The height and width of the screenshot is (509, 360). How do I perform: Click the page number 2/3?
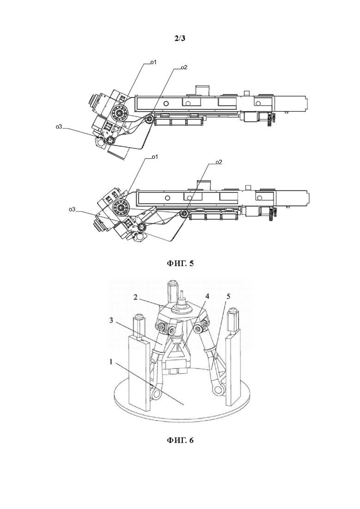click(x=180, y=38)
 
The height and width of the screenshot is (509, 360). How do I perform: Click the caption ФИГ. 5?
click(x=180, y=263)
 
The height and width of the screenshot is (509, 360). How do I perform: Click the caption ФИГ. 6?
click(x=180, y=440)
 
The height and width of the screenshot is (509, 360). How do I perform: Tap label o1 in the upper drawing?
click(x=153, y=62)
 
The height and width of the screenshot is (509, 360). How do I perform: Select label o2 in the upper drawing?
click(x=184, y=67)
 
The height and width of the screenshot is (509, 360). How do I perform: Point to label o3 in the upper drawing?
click(x=59, y=127)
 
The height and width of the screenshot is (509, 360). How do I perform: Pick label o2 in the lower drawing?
click(x=219, y=162)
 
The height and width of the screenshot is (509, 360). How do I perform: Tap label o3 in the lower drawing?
click(x=72, y=210)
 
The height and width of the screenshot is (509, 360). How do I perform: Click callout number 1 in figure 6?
click(x=111, y=362)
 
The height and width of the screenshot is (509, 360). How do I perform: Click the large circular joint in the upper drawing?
click(x=120, y=113)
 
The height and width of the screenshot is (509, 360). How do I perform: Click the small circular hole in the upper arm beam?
click(x=166, y=103)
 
